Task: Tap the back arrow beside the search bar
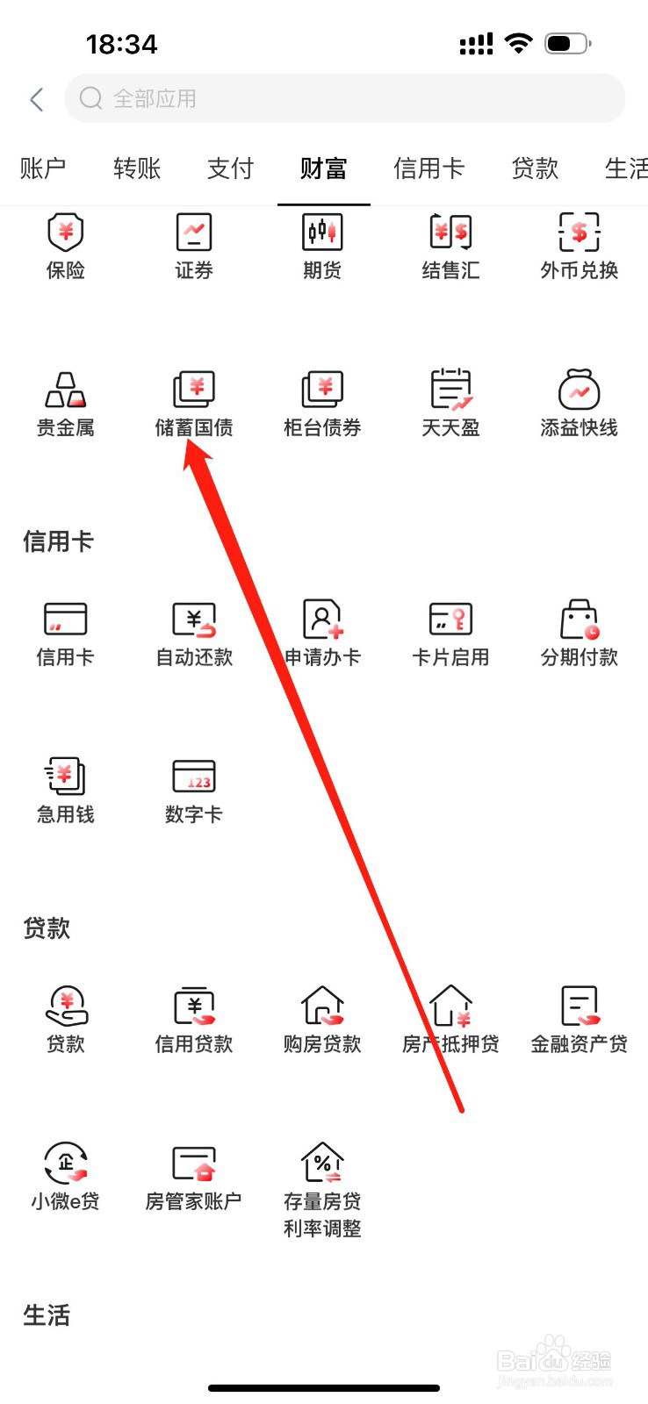click(x=37, y=99)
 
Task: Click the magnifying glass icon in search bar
click(x=90, y=98)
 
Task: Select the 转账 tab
click(x=137, y=168)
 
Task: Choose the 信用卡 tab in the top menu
click(x=428, y=168)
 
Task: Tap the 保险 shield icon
click(x=65, y=233)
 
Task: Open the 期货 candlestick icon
click(x=322, y=233)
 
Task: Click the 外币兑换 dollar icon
click(x=579, y=233)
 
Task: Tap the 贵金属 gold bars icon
click(x=65, y=390)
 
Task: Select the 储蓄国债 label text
click(x=194, y=428)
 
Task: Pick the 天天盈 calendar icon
click(x=450, y=390)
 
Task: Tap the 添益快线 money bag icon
click(x=579, y=390)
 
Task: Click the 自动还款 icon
click(x=194, y=620)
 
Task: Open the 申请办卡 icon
click(x=322, y=620)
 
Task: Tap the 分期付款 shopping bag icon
click(x=579, y=620)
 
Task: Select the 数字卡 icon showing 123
click(x=194, y=777)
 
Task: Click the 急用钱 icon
click(x=65, y=777)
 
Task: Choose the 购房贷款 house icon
click(x=322, y=1006)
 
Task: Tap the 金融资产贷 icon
click(x=579, y=1006)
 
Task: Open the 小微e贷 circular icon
click(x=65, y=1164)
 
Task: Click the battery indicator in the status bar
click(x=567, y=43)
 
